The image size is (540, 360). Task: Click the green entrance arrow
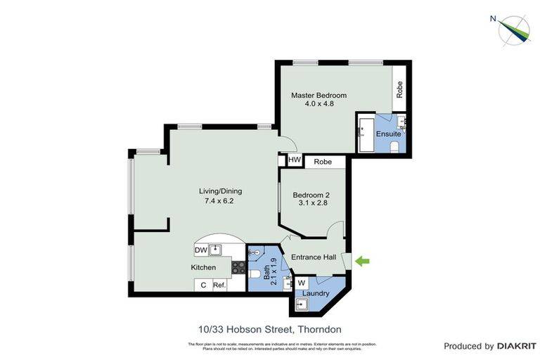pos(362,262)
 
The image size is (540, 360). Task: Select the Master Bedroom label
pos(319,95)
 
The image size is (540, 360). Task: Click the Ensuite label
pos(388,134)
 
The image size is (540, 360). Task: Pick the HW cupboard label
pos(294,162)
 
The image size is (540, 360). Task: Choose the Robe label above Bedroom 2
pos(323,162)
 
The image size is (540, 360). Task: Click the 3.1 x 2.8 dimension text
pos(311,203)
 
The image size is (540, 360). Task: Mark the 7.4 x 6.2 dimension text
pos(219,200)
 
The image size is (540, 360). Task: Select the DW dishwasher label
pos(200,250)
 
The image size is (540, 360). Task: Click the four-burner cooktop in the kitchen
pos(238,267)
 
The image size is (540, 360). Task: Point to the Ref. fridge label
pos(219,285)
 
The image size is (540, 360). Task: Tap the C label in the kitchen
pos(202,285)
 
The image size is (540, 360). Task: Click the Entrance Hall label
pos(314,257)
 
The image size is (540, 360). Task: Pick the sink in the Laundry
pos(302,304)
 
